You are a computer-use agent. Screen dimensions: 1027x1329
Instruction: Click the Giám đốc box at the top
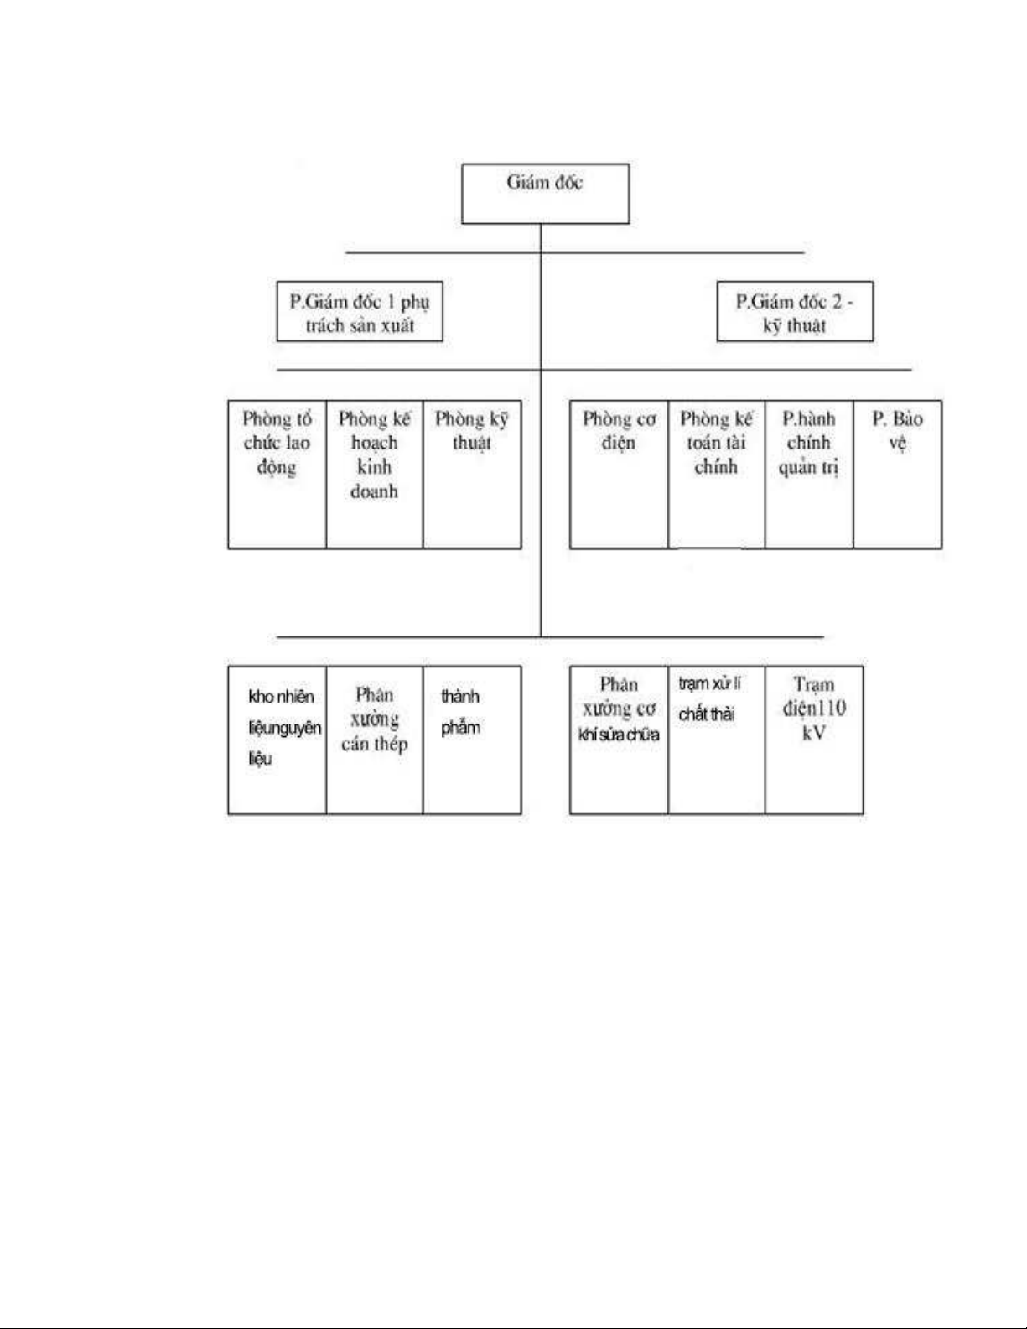(x=545, y=194)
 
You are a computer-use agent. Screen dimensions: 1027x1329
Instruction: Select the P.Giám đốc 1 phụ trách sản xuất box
(x=360, y=311)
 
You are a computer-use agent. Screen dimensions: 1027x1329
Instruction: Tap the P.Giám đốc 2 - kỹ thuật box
(x=795, y=311)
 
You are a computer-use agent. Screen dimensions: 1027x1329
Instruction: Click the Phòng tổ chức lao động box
(x=277, y=475)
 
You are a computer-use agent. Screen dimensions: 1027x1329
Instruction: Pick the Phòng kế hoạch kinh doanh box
(x=374, y=475)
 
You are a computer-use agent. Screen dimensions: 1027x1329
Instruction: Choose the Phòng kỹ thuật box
(x=472, y=475)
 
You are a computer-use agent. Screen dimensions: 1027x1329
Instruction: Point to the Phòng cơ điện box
(x=619, y=475)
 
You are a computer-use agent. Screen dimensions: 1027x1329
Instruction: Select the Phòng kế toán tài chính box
(x=717, y=475)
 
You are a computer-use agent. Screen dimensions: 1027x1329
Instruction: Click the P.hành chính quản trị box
(x=809, y=475)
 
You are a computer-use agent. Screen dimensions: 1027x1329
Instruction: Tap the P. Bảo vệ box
(x=897, y=475)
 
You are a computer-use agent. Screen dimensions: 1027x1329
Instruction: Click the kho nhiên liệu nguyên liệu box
(x=277, y=740)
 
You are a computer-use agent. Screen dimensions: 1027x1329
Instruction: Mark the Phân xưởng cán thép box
(x=374, y=740)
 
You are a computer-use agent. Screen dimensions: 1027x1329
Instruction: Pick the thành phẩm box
(x=472, y=740)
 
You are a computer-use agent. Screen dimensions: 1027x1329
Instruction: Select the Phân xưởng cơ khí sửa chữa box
(x=619, y=740)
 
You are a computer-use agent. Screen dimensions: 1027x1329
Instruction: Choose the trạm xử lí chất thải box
(x=717, y=740)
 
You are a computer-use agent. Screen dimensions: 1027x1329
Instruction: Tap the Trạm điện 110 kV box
(x=814, y=740)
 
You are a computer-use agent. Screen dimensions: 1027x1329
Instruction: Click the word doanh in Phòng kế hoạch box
(x=374, y=491)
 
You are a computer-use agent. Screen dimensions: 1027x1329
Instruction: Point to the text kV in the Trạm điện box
(x=814, y=733)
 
